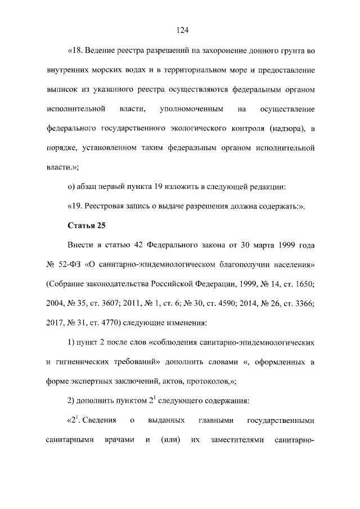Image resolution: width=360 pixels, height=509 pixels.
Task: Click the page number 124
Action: (180, 30)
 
